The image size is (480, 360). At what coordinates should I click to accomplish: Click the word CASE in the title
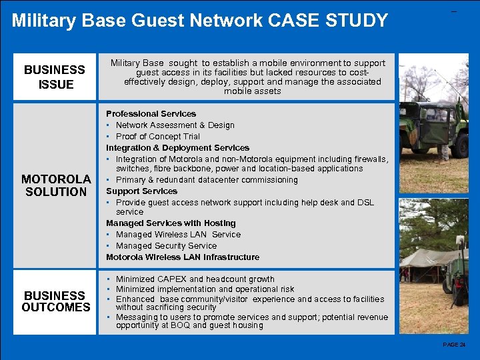click(x=288, y=20)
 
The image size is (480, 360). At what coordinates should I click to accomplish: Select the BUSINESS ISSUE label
click(x=55, y=77)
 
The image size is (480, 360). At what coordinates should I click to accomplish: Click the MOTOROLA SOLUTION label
click(x=56, y=185)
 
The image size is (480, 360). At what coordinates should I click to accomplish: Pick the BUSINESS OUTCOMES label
click(x=56, y=301)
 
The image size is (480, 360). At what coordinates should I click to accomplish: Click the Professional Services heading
click(x=151, y=114)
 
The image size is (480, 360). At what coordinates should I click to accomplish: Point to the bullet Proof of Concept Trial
click(x=157, y=137)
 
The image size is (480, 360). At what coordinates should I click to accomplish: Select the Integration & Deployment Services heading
click(x=177, y=148)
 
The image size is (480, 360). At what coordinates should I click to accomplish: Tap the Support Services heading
click(x=141, y=191)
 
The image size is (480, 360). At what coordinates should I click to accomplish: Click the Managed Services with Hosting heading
click(x=171, y=223)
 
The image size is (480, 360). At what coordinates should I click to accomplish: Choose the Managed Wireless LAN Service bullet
click(x=177, y=235)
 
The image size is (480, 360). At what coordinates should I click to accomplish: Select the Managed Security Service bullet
click(x=166, y=246)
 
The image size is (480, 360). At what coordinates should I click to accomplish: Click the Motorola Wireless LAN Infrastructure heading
click(x=183, y=257)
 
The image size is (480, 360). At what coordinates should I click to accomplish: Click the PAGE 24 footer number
click(x=454, y=345)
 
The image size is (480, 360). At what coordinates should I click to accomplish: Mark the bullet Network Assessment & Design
click(x=175, y=125)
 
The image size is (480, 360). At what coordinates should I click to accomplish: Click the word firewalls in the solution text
click(x=369, y=159)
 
